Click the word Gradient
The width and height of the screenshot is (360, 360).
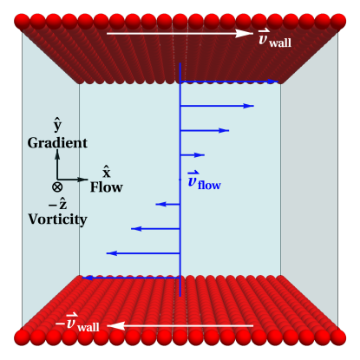click(57, 142)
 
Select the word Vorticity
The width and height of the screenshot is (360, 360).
click(57, 219)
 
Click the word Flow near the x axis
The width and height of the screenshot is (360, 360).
click(107, 187)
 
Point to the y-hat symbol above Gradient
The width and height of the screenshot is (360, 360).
click(57, 125)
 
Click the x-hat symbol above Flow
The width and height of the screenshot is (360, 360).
click(106, 172)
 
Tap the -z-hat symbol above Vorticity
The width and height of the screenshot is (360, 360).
click(57, 203)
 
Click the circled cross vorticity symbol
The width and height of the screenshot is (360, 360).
click(57, 186)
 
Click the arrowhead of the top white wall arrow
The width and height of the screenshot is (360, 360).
click(245, 34)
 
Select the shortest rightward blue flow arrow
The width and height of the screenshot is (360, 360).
click(192, 155)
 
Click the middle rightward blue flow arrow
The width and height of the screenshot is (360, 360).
click(205, 130)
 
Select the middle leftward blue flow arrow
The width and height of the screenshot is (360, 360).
click(155, 228)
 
